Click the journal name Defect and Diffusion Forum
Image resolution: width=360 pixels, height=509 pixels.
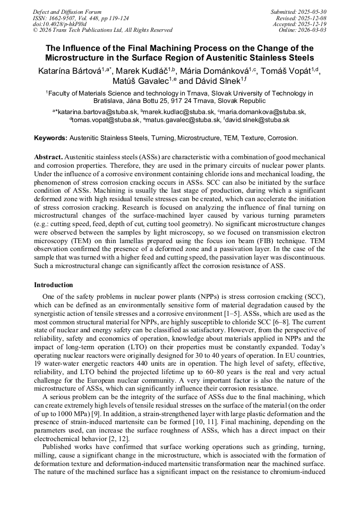tap(67, 12)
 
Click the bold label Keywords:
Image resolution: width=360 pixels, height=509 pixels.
tap(51, 138)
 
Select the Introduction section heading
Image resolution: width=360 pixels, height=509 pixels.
tap(54, 285)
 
